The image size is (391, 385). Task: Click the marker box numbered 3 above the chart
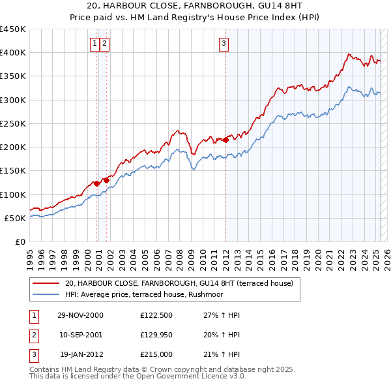click(x=224, y=44)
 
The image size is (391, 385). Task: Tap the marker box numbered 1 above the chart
click(x=95, y=44)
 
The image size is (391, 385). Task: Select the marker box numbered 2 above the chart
click(x=104, y=44)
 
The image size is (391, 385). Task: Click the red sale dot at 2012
click(x=225, y=140)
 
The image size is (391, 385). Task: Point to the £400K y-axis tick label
click(x=13, y=53)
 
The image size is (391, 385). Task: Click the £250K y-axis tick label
click(x=13, y=123)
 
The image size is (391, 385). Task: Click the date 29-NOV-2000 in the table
click(x=80, y=315)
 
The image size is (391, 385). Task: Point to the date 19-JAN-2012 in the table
click(x=81, y=354)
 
